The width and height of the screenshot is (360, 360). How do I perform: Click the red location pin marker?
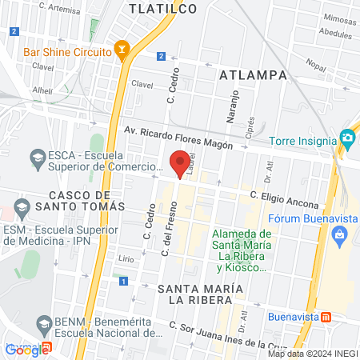(181, 163)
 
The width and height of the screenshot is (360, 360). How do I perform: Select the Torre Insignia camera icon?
(346, 138)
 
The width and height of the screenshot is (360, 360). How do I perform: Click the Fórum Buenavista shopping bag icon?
(339, 235)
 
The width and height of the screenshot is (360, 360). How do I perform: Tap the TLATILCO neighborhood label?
(163, 9)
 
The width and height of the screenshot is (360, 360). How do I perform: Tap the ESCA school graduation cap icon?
(37, 154)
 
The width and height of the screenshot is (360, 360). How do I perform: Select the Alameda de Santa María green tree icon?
(238, 259)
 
